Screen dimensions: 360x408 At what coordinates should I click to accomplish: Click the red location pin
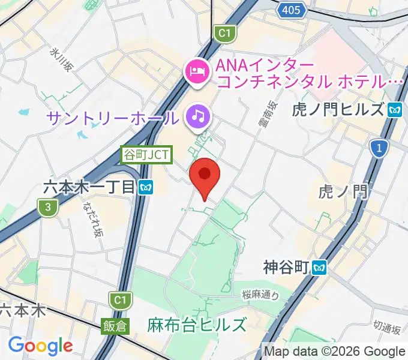click(205, 176)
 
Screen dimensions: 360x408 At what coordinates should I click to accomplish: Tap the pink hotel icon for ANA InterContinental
click(196, 72)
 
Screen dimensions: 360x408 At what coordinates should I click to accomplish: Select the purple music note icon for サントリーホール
click(197, 115)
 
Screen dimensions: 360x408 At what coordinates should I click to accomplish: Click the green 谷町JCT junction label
click(147, 155)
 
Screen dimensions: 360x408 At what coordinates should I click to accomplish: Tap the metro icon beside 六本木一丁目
click(146, 187)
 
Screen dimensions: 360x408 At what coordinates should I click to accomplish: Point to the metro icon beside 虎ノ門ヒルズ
click(394, 109)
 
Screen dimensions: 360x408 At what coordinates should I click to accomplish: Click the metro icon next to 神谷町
click(319, 266)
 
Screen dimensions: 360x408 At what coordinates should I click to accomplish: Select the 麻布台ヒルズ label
click(197, 325)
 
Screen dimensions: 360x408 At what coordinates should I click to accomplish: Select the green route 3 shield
click(47, 208)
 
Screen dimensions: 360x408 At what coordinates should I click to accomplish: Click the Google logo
click(40, 345)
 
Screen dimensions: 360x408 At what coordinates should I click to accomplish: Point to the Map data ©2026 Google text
click(334, 350)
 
